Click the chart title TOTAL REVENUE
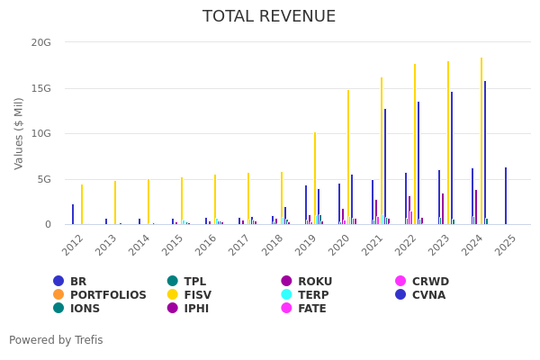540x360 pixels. click(269, 17)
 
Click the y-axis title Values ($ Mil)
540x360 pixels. click(19, 133)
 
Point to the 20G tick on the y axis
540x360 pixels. click(40, 42)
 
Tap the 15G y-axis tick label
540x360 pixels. click(40, 88)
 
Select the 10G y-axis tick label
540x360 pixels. click(40, 133)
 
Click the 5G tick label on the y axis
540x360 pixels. click(44, 179)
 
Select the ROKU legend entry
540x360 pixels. click(315, 282)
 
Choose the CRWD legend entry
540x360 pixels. click(430, 282)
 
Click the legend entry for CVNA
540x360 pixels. click(428, 295)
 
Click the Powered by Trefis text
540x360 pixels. click(56, 340)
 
